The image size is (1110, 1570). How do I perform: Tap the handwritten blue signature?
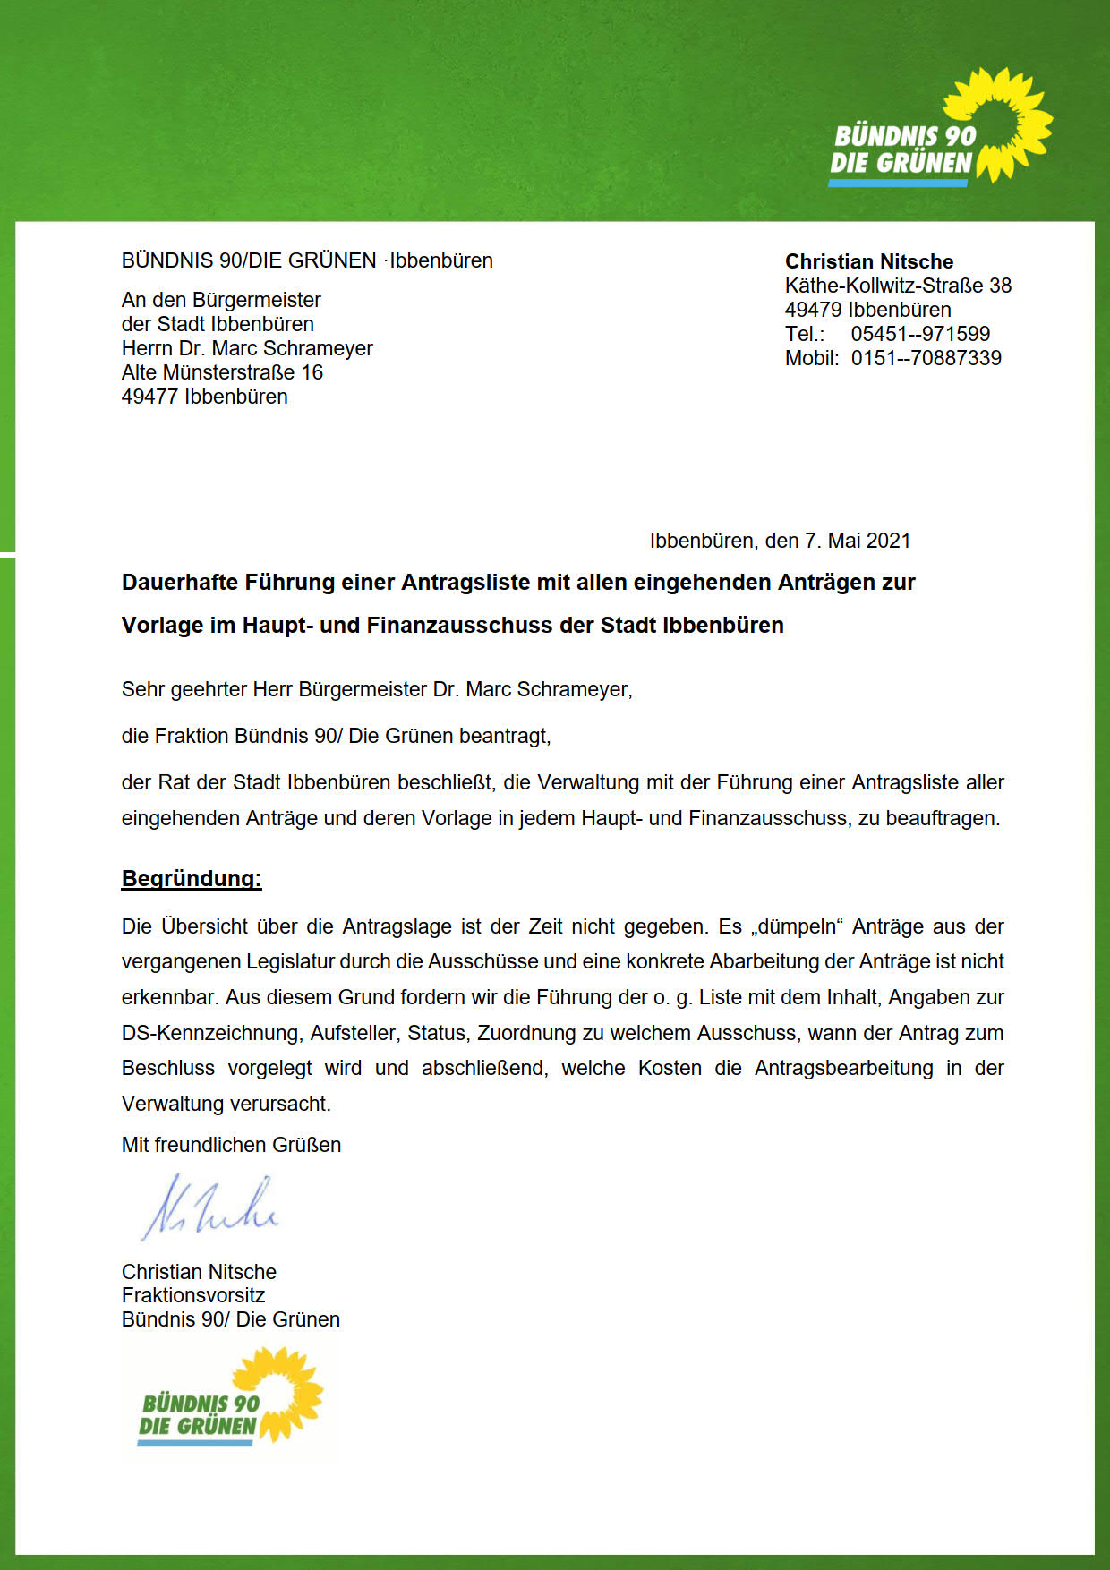pos(209,1208)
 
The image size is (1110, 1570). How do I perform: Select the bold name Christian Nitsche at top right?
pos(868,261)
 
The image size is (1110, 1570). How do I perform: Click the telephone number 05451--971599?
pos(920,334)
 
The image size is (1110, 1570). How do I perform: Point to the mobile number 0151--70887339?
pos(926,358)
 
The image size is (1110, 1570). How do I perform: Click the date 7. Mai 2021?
pos(857,541)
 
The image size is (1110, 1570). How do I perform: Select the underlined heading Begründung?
pos(192,878)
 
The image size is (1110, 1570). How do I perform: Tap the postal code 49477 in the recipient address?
pos(149,397)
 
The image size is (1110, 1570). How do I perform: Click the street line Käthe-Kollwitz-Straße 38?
pos(898,286)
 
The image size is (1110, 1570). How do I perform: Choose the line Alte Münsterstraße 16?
pos(222,372)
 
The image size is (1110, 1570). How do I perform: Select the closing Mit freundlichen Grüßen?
pos(231,1145)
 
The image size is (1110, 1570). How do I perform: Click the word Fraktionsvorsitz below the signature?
pos(193,1295)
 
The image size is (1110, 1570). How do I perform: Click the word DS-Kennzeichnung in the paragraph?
pos(211,1033)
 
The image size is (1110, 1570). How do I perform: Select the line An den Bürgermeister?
pos(221,300)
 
